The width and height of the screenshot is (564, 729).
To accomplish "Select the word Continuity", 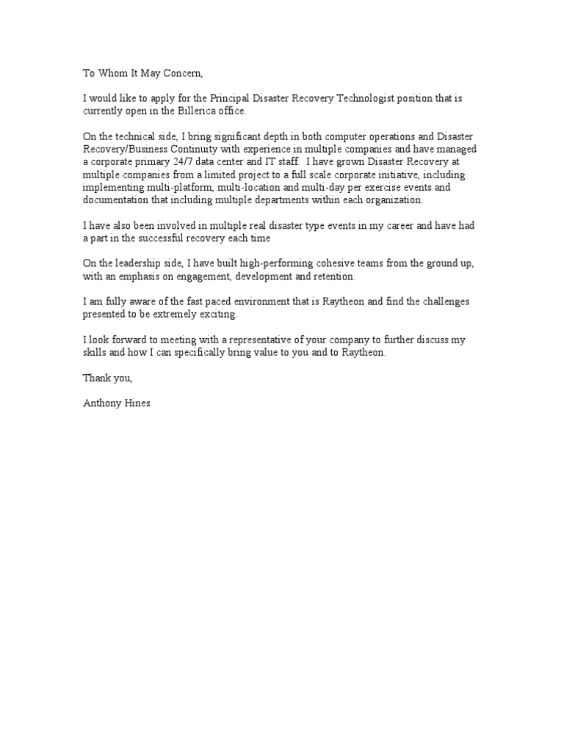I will [x=190, y=149].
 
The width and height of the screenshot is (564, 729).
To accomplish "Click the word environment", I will [x=254, y=302].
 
